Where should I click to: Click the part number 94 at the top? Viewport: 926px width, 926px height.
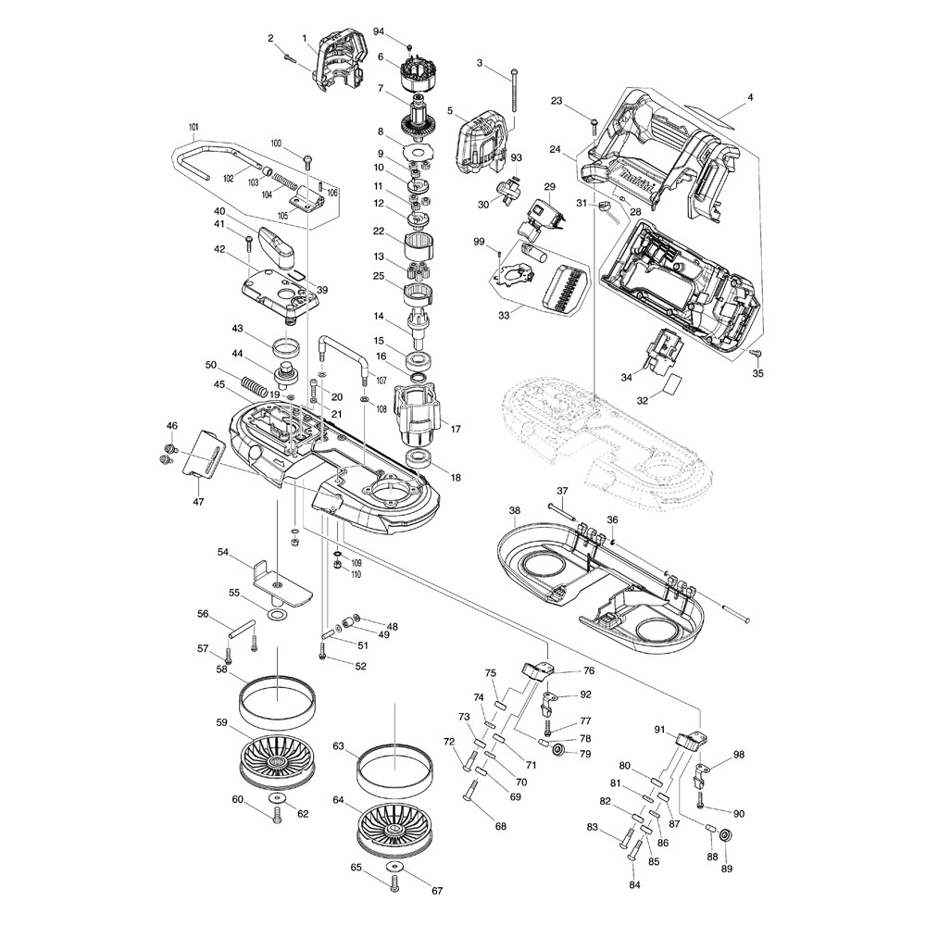(379, 31)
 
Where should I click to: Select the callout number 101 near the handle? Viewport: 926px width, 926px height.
(194, 126)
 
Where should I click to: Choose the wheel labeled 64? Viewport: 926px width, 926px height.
(394, 826)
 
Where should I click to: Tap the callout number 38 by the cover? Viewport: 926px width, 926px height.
(515, 510)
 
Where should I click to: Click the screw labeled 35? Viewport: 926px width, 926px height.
(755, 355)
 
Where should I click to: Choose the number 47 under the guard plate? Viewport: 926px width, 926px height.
(198, 501)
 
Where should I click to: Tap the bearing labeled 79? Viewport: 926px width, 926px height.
(559, 747)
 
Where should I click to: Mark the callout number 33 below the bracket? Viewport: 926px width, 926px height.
(503, 315)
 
